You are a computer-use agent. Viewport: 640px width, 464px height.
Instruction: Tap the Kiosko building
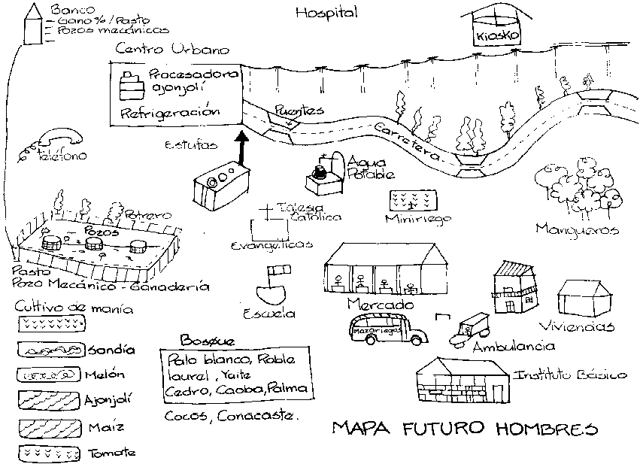(x=489, y=30)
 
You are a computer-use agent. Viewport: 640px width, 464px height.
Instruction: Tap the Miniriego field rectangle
(x=411, y=201)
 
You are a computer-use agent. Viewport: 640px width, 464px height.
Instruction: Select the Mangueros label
(x=577, y=229)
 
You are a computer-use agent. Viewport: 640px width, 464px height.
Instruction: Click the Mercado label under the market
(x=381, y=305)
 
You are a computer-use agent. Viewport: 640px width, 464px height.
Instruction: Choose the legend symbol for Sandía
(x=50, y=350)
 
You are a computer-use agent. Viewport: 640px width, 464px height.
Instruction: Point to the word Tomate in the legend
(x=113, y=453)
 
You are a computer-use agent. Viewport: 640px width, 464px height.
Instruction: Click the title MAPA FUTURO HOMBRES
(x=465, y=431)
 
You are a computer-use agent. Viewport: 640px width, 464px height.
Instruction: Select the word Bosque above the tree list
(x=207, y=340)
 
